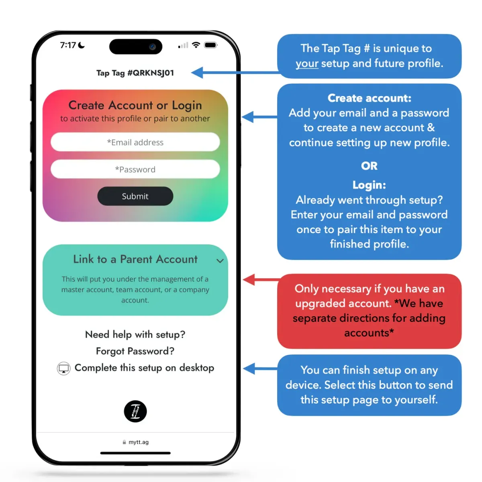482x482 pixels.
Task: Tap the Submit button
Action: point(135,196)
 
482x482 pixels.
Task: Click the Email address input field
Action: point(135,142)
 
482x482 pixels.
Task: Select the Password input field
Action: point(135,169)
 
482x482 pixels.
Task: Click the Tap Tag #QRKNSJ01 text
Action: point(135,73)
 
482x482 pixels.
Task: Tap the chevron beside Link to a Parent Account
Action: point(220,261)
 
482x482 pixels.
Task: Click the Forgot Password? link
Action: point(135,351)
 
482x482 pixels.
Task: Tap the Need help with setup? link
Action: point(135,334)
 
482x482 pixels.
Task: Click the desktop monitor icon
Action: point(63,368)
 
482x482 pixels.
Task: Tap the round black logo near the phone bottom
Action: point(135,411)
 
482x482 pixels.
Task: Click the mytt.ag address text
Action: point(139,442)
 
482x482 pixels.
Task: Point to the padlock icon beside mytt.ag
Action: point(124,442)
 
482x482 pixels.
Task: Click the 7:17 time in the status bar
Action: point(68,45)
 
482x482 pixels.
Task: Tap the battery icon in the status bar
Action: point(211,45)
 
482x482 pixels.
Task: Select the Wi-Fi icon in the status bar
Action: point(196,45)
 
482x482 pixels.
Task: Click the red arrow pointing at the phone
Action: point(261,279)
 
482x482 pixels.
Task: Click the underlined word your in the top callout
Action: point(307,63)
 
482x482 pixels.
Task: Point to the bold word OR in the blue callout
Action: point(369,166)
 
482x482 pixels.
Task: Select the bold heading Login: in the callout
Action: point(369,185)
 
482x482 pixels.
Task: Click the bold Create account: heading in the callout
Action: point(369,98)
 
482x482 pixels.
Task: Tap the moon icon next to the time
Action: point(82,45)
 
